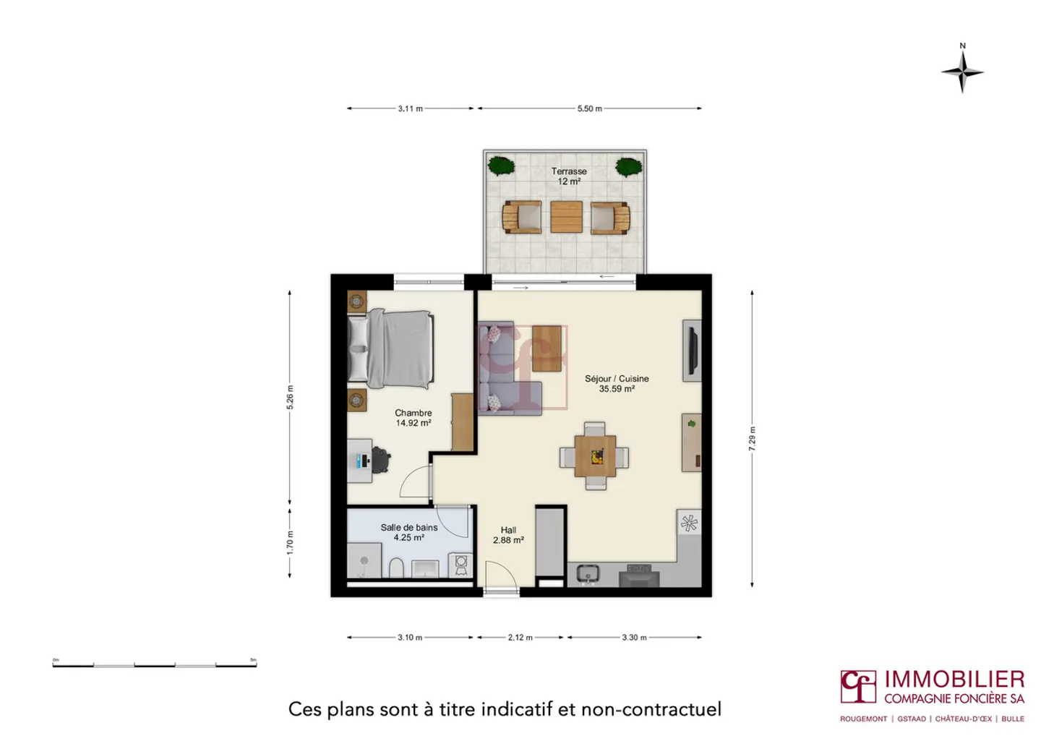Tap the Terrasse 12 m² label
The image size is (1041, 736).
pos(569,176)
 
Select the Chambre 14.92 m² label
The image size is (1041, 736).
pos(413,418)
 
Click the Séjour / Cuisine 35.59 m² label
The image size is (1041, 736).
pos(617,383)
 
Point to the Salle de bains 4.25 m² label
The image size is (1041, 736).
pos(408,532)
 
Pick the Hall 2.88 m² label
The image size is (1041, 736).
pos(508,535)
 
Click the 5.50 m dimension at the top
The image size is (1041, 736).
pos(589,108)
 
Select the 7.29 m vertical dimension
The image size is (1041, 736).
pos(752,439)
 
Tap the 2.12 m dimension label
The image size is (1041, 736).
pos(520,638)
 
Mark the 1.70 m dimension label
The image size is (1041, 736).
pos(290,542)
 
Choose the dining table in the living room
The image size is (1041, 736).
pos(595,456)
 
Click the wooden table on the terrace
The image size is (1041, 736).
pos(566,217)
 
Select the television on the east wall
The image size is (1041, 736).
pos(692,351)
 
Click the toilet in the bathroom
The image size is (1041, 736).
pos(396,568)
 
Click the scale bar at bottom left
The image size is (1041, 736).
pos(154,664)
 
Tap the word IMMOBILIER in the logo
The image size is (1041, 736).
pos(954,680)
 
